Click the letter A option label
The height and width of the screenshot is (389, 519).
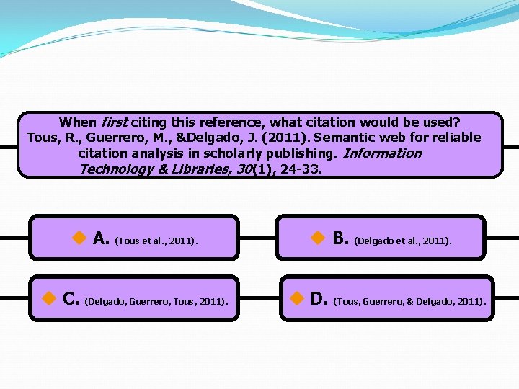click(x=101, y=238)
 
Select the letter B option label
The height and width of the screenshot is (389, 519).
click(x=340, y=238)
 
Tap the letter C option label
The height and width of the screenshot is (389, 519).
click(x=71, y=298)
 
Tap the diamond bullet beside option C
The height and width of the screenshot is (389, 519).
click(x=48, y=298)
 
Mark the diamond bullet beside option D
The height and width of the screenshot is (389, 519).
click(x=296, y=298)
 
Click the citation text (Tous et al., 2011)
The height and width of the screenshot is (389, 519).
click(x=156, y=241)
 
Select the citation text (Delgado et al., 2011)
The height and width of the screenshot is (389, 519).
click(x=403, y=241)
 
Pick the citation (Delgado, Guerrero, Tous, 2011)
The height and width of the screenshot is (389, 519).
click(x=156, y=300)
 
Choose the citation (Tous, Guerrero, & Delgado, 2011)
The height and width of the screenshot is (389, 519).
click(x=409, y=300)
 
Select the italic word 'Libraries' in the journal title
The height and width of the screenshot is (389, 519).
click(x=200, y=170)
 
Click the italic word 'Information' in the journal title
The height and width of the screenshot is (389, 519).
click(x=383, y=153)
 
